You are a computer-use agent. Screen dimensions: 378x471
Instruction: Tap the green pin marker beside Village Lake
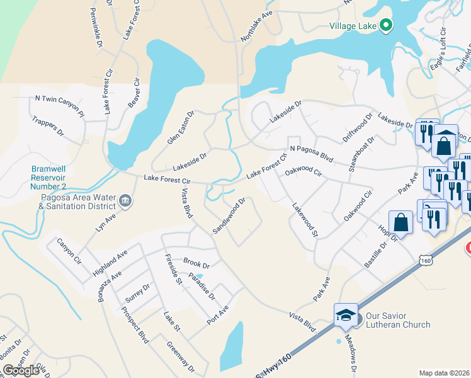pos(387,26)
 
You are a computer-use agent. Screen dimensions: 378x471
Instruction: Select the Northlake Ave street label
pos(259,26)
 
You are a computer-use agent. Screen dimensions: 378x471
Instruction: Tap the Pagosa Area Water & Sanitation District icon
pos(125,201)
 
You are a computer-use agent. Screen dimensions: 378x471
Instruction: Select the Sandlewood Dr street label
pos(228,216)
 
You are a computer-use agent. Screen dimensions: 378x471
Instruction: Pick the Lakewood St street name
pos(305,220)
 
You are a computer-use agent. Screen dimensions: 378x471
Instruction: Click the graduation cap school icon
pos(346,315)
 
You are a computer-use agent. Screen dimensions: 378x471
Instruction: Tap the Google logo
pos(21,370)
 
